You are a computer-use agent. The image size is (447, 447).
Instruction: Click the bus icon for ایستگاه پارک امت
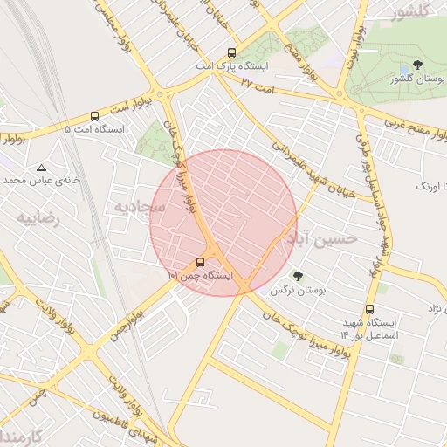(231, 52)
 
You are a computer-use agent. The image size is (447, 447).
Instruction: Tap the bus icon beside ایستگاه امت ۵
(94, 116)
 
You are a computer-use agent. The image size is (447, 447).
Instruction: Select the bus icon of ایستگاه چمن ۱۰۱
(201, 261)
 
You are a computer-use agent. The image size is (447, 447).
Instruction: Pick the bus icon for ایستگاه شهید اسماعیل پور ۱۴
(370, 309)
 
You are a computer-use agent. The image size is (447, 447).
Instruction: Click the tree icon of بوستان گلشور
(417, 65)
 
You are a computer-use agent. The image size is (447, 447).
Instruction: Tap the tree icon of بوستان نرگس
(299, 276)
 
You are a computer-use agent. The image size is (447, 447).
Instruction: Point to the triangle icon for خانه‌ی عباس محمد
(41, 167)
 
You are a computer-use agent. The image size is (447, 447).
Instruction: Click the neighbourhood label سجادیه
(139, 207)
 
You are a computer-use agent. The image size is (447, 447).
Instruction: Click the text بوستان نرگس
(292, 290)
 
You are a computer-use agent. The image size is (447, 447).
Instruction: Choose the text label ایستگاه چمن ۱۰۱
(200, 275)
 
